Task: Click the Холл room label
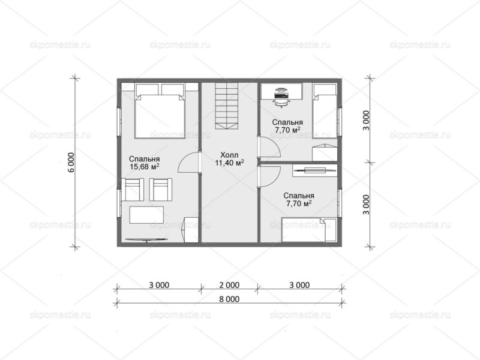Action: click(x=229, y=155)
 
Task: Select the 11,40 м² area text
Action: click(x=230, y=163)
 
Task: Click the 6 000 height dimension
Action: click(x=71, y=163)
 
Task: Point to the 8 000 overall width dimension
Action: click(x=229, y=299)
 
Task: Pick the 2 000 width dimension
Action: click(x=229, y=285)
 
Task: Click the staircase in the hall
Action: click(x=227, y=106)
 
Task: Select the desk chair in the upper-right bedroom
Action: click(x=281, y=101)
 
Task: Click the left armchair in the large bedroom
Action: click(x=133, y=190)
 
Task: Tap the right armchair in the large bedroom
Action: click(x=160, y=190)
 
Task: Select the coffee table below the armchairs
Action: click(x=146, y=215)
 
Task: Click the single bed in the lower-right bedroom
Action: click(x=309, y=230)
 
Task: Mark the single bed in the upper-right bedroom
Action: click(x=325, y=111)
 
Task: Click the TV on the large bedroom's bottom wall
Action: click(x=147, y=239)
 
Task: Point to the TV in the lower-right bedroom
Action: click(x=314, y=170)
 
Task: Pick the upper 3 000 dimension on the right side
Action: click(x=366, y=121)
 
